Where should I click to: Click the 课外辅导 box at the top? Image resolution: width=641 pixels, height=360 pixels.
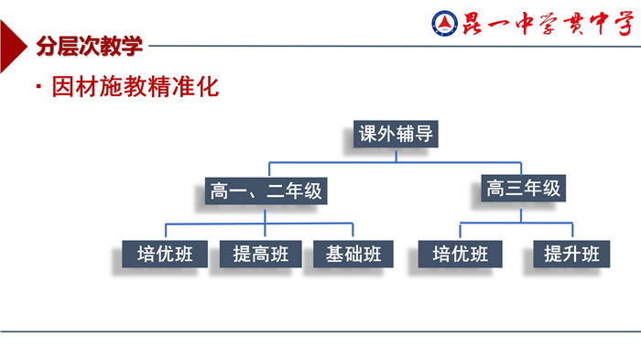pos(396,135)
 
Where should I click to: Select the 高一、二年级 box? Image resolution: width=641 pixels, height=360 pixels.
pos(266,191)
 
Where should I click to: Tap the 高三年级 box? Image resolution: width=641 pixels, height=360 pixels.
pos(523,190)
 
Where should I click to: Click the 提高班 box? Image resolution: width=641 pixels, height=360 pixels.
pos(260,255)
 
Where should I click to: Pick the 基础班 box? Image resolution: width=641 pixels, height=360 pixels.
pos(353,255)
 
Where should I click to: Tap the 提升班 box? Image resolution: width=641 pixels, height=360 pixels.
pos(572,254)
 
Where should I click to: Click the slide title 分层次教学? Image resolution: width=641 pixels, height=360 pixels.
pos(90,46)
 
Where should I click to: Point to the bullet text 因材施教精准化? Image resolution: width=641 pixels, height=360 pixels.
pos(136,89)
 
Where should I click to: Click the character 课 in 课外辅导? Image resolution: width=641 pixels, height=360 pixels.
pos(368,135)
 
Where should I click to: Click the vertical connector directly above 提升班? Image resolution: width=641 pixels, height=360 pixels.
pos(571,231)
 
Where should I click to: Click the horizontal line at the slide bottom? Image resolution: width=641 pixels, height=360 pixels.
pos(320,331)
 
